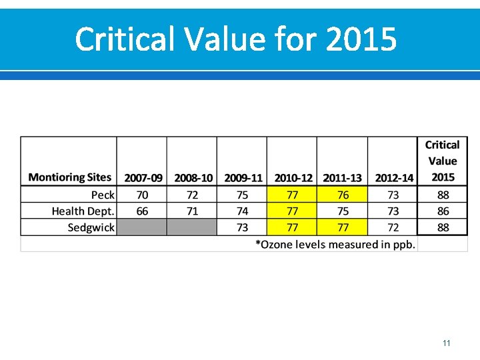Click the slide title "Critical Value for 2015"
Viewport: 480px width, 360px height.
click(236, 39)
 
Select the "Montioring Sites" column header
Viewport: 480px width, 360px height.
click(70, 177)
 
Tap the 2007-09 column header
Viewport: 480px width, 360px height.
click(143, 178)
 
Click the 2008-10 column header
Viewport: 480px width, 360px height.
click(193, 178)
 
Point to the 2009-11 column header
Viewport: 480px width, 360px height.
click(243, 178)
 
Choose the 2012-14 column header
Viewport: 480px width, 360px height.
click(393, 178)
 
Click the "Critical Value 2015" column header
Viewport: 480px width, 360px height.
click(443, 161)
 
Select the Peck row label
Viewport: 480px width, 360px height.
click(103, 195)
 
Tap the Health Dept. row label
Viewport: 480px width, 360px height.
click(83, 211)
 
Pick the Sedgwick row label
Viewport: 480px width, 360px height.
click(91, 227)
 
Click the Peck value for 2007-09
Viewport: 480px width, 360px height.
click(142, 195)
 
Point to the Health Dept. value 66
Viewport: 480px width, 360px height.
click(142, 211)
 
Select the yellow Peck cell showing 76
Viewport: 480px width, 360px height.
click(343, 195)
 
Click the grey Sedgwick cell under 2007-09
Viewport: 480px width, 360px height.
click(142, 227)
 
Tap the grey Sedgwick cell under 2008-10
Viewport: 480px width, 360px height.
click(192, 227)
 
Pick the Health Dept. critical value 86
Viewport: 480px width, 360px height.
click(443, 211)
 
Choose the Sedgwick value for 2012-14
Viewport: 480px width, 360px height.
click(393, 227)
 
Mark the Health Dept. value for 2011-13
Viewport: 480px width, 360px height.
click(343, 211)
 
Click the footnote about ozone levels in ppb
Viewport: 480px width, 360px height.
click(335, 245)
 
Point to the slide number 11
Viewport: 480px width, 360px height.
click(446, 343)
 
